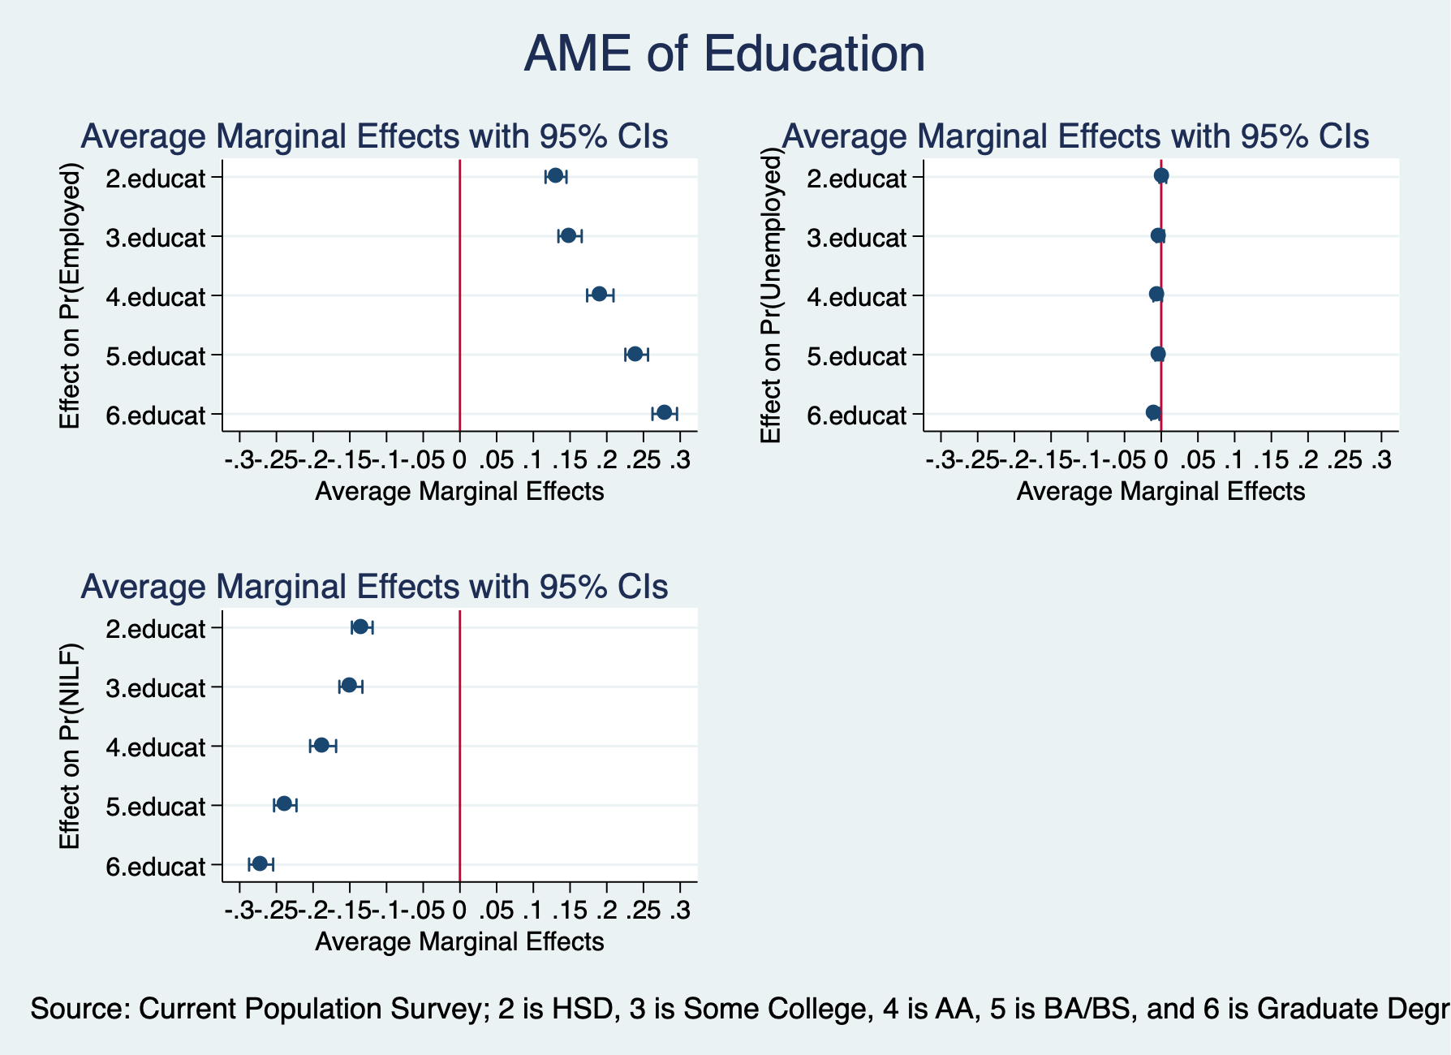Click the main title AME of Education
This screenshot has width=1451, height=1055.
[x=724, y=54]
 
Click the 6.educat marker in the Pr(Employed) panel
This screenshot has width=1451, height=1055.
[x=664, y=412]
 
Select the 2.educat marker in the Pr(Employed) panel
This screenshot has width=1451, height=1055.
[x=555, y=175]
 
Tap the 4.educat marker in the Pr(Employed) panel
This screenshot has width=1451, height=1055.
[x=599, y=294]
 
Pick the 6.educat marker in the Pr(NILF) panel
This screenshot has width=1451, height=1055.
[x=260, y=863]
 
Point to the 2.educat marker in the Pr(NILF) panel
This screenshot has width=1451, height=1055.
[x=360, y=627]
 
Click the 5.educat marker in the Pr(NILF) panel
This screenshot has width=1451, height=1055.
[x=284, y=803]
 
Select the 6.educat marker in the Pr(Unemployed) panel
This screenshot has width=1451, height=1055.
[x=1153, y=412]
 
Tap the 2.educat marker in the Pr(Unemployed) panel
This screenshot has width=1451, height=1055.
[x=1161, y=175]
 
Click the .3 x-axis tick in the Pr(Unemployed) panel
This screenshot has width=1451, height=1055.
[x=1380, y=461]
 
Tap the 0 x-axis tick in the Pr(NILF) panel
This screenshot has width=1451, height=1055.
[x=459, y=911]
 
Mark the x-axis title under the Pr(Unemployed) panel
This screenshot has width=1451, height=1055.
[x=1160, y=492]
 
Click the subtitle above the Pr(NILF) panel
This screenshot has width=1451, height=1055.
[x=374, y=587]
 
